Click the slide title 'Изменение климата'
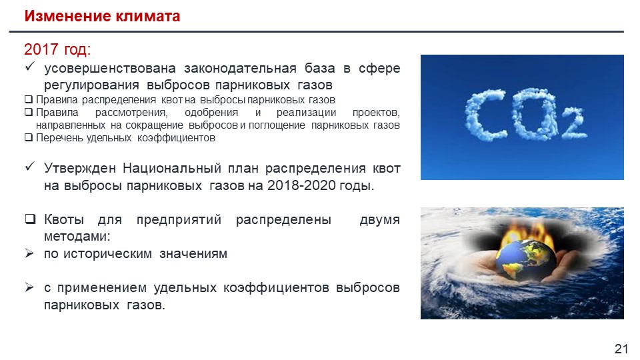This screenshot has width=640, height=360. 102,16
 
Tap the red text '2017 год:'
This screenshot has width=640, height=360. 57,49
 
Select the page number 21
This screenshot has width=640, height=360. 621,349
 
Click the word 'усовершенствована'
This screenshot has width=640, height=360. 110,68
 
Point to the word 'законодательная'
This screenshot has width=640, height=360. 240,68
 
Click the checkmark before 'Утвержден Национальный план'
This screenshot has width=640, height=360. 30,167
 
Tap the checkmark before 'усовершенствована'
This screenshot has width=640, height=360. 30,66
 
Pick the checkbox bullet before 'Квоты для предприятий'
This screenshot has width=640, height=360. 30,219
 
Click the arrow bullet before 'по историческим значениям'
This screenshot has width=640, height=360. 29,253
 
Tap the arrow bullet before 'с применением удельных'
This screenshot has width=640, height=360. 29,287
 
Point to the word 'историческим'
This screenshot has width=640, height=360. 107,254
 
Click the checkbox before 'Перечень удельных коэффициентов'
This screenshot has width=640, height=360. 29,137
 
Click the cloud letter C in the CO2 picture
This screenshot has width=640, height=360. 486,116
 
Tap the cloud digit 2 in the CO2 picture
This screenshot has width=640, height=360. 573,123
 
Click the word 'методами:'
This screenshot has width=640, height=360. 77,236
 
